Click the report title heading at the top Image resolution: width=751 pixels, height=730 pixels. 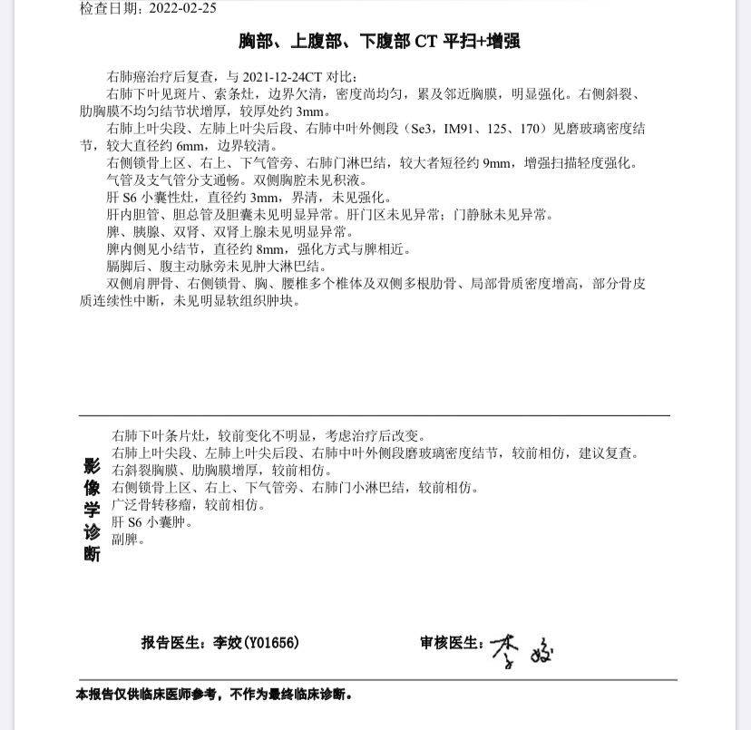click(x=378, y=42)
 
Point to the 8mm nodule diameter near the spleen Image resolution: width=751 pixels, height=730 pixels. click(x=269, y=249)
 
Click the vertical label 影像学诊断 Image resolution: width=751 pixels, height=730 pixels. click(x=92, y=510)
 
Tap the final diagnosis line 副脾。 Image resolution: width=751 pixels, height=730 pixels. click(x=128, y=540)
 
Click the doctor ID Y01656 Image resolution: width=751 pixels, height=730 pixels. click(x=268, y=643)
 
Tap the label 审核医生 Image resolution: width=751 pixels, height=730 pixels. click(x=450, y=643)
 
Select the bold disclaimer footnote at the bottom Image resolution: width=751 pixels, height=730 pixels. click(x=213, y=696)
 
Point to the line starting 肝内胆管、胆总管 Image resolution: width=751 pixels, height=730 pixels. click(x=328, y=215)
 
